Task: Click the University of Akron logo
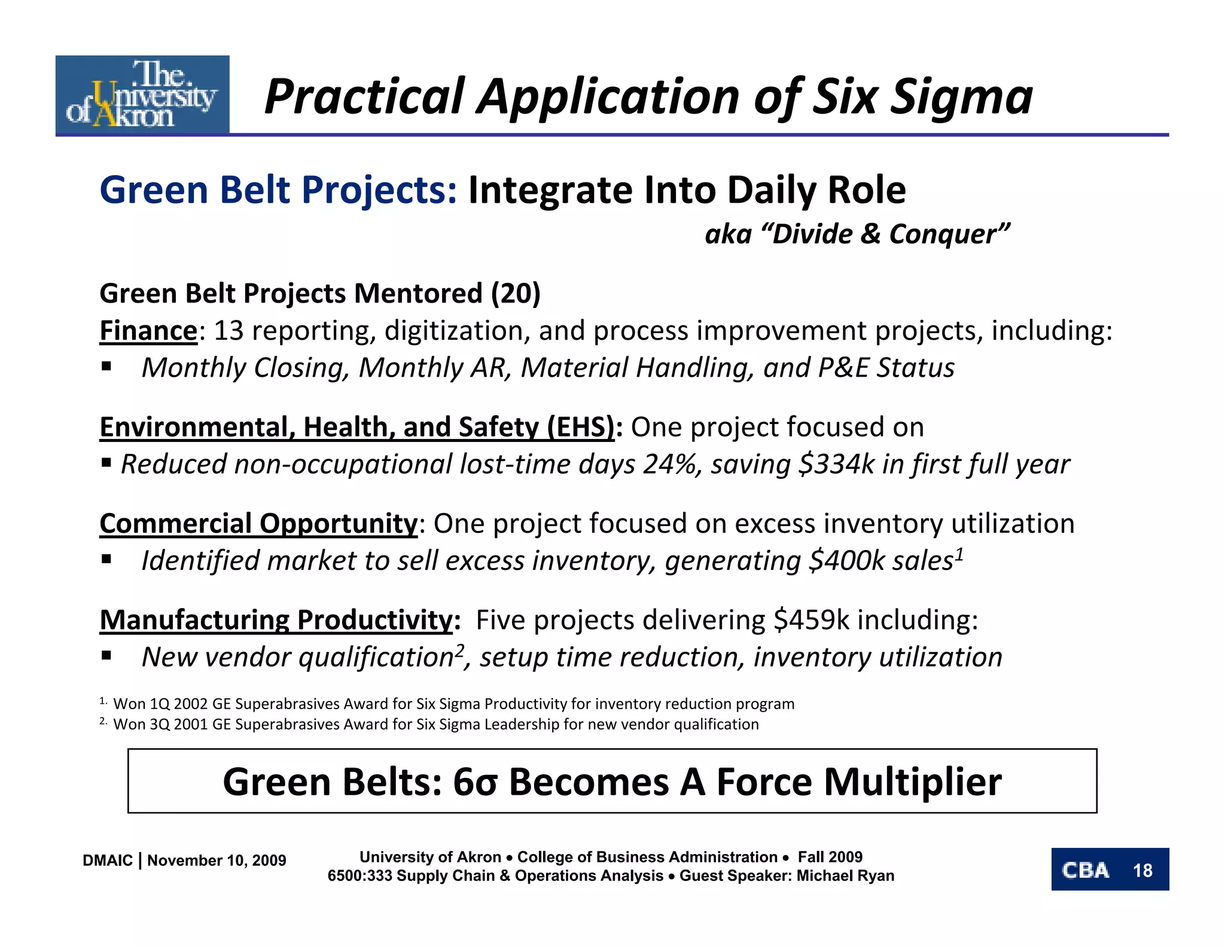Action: (x=142, y=94)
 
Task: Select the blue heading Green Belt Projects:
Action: (x=278, y=190)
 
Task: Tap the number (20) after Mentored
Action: (x=516, y=294)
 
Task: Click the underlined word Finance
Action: (x=148, y=331)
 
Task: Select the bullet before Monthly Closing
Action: (x=106, y=367)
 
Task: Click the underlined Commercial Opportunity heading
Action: (x=258, y=524)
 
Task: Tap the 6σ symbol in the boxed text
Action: (x=475, y=782)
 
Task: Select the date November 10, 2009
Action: (x=217, y=860)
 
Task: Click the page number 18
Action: (x=1142, y=870)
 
